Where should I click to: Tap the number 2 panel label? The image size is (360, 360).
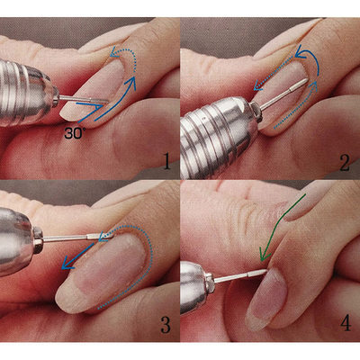[344, 162]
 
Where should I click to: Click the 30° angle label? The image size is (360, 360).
[76, 132]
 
